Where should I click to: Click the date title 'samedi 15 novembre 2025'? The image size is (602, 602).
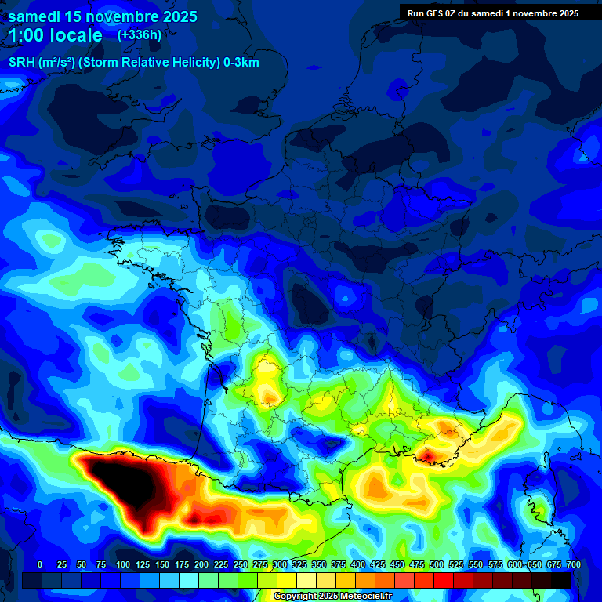[103, 16]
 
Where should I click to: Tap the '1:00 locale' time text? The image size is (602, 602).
[56, 35]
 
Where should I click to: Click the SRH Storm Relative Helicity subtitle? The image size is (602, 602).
[134, 63]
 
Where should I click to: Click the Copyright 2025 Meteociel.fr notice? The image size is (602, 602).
[333, 597]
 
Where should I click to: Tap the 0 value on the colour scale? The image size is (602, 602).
[40, 564]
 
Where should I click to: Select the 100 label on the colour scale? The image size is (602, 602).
[122, 564]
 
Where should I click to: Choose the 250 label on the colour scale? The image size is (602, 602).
[241, 564]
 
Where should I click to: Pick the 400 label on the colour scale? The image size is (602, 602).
[358, 564]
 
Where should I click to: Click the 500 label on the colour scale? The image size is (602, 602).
[437, 564]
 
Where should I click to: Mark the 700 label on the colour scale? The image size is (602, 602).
[573, 564]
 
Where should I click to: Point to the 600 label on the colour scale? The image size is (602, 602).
[515, 564]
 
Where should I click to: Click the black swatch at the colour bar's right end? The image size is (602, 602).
[561, 580]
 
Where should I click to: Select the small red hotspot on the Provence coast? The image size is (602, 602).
[430, 455]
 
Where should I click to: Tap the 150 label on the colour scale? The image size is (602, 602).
[161, 564]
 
